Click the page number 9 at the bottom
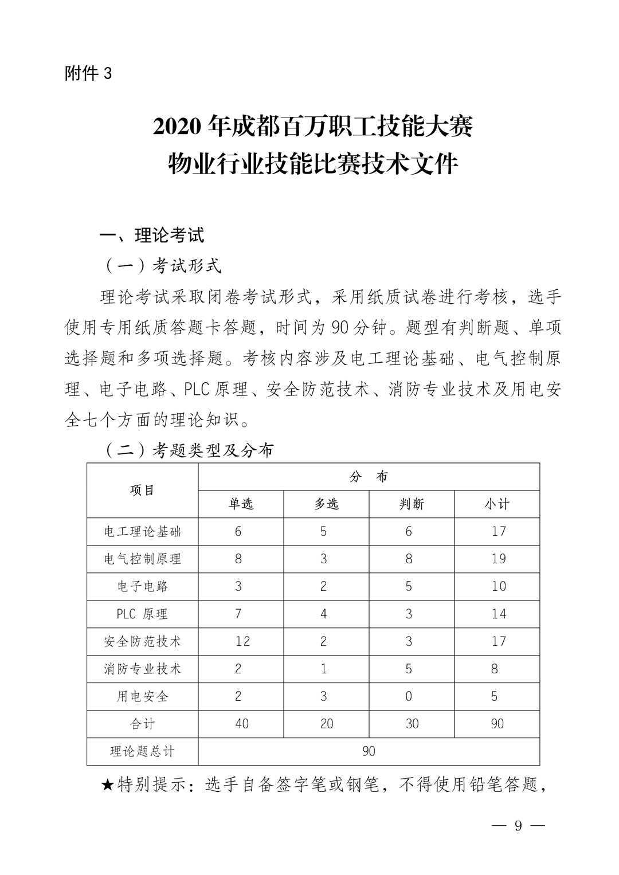pyautogui.click(x=518, y=826)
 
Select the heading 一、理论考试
pyautogui.click(x=152, y=236)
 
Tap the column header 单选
pyautogui.click(x=241, y=504)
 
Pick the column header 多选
pyautogui.click(x=326, y=504)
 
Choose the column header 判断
pyautogui.click(x=412, y=504)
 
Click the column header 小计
pyautogui.click(x=497, y=504)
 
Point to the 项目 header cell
pyautogui.click(x=142, y=491)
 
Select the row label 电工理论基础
pyautogui.click(x=142, y=532)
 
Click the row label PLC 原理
pyautogui.click(x=142, y=614)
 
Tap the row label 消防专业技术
pyautogui.click(x=142, y=669)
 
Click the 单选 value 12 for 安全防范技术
pyautogui.click(x=242, y=641)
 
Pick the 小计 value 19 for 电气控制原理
pyautogui.click(x=499, y=559)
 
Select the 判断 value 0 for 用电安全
pyautogui.click(x=409, y=696)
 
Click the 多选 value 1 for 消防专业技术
pyautogui.click(x=324, y=669)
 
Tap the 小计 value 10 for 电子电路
pyautogui.click(x=499, y=586)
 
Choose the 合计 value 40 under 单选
pyautogui.click(x=242, y=724)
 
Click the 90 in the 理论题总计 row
pyautogui.click(x=369, y=751)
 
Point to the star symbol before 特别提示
pyautogui.click(x=108, y=784)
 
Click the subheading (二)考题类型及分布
pyautogui.click(x=189, y=450)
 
